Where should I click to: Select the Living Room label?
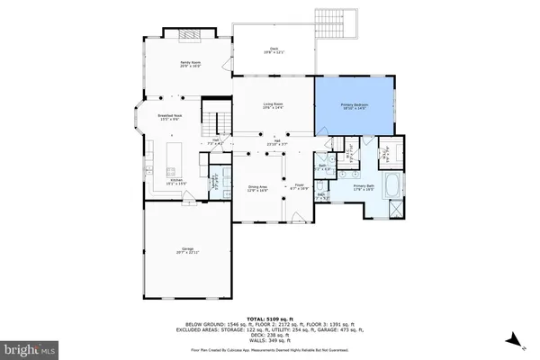pyautogui.click(x=274, y=106)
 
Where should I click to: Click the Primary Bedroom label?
pyautogui.click(x=355, y=106)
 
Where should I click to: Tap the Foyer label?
pyautogui.click(x=299, y=188)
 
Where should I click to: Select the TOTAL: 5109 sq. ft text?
pyautogui.click(x=270, y=319)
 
